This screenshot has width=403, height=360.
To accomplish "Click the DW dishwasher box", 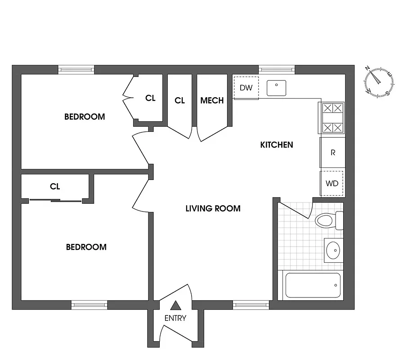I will tap(246, 88).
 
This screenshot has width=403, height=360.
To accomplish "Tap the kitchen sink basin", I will tap(277, 88).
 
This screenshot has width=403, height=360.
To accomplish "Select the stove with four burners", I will tap(332, 118).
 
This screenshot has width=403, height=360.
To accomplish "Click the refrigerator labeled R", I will tap(332, 153).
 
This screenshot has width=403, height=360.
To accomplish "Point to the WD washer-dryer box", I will tap(332, 184).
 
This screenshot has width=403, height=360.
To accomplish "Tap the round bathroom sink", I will tap(333, 250).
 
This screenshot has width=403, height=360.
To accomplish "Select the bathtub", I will tap(313, 285).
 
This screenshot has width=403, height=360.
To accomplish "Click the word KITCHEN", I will tap(277, 145).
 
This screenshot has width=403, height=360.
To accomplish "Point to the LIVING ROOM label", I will tap(213, 208).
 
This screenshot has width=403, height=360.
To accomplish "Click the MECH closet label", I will tap(212, 100).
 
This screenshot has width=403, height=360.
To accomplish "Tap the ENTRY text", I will tap(175, 318).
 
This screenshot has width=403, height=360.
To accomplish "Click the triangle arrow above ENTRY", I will tap(175, 306).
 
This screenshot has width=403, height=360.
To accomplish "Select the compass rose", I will tap(378, 81).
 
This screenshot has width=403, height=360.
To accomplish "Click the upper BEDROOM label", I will tap(85, 117).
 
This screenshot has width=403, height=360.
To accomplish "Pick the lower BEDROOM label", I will tap(86, 247).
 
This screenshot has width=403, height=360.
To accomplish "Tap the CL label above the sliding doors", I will tap(55, 186).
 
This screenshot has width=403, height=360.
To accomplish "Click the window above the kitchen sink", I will tap(277, 70).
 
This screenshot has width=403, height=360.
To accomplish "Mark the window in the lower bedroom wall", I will tap(89, 305).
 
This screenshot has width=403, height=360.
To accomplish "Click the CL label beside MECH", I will tap(179, 100).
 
